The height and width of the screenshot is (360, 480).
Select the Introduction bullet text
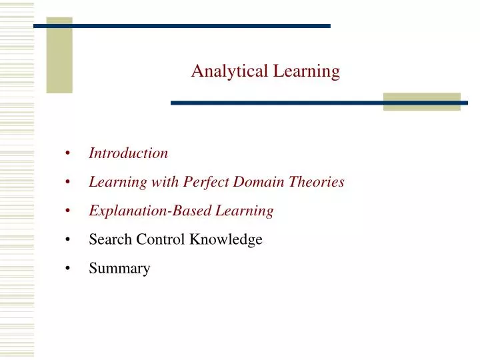click(x=129, y=153)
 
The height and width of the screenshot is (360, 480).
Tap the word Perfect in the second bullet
click(x=206, y=182)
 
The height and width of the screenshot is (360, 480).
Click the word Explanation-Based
click(x=151, y=211)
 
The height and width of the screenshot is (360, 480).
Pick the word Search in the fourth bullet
click(x=110, y=239)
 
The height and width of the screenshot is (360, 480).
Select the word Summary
click(x=120, y=269)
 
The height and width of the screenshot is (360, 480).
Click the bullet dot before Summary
click(x=69, y=269)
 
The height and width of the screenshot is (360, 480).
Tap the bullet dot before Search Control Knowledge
click(x=69, y=240)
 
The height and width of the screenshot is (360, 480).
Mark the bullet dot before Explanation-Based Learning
click(x=69, y=211)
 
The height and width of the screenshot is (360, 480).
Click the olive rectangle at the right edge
click(x=421, y=101)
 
